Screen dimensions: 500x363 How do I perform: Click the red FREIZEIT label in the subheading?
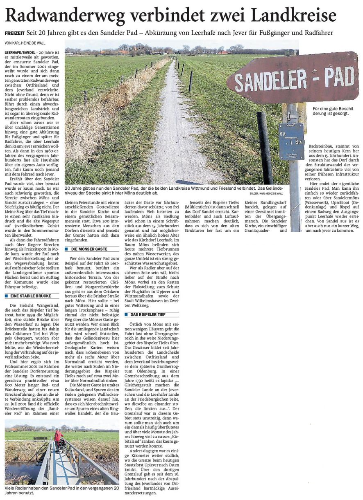15,33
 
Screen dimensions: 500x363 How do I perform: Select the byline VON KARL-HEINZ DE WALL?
25,43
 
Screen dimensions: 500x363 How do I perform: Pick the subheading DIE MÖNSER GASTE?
89,249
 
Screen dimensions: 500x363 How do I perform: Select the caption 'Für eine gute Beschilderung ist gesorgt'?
331,111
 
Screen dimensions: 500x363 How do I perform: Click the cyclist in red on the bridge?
58,438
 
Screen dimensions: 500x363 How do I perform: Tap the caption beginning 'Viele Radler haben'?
61,490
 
